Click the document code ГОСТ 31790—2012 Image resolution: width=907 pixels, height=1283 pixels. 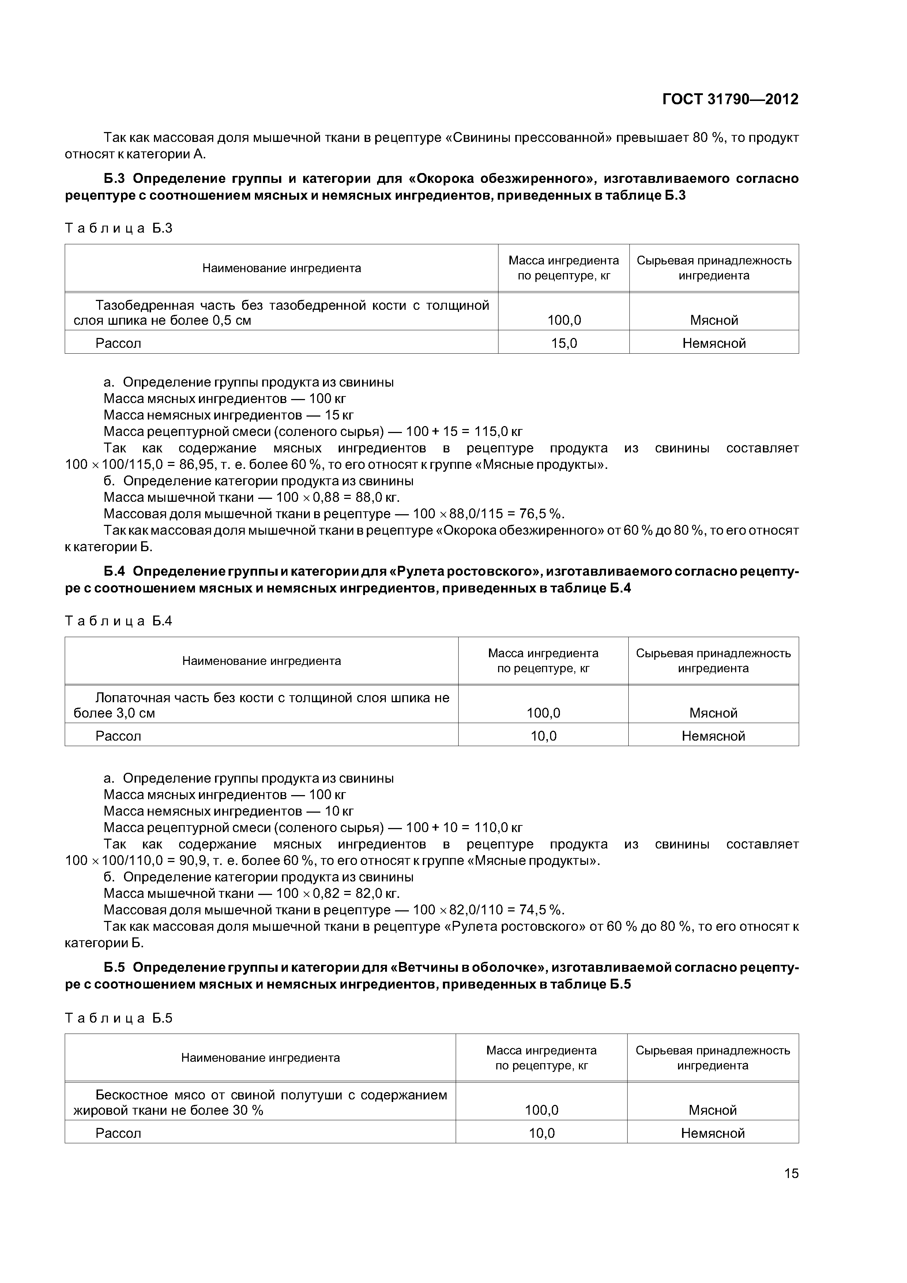coord(730,99)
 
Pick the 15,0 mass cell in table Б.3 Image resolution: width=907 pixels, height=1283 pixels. coord(564,343)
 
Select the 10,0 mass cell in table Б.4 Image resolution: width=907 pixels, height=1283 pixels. coord(543,736)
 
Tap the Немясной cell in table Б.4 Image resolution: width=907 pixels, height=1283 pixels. coord(713,736)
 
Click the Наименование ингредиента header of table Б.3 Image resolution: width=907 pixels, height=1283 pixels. coord(282,268)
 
